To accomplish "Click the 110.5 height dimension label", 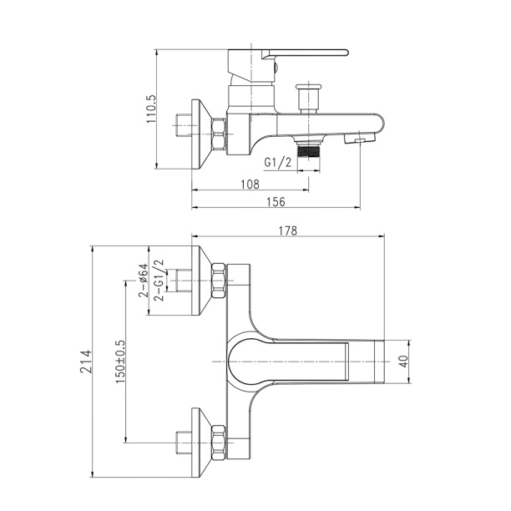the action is [x=152, y=109].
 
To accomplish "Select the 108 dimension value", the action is [x=250, y=185].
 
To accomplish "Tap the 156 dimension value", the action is [x=276, y=202].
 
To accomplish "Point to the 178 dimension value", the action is [x=288, y=230].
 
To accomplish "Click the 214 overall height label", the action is [x=86, y=362].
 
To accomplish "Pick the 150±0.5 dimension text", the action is [x=120, y=362].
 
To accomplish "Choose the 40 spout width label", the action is [x=404, y=362].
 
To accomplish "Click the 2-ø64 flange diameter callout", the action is [x=144, y=281].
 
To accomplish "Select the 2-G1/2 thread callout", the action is [x=159, y=281].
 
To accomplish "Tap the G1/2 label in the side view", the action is [x=278, y=162].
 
